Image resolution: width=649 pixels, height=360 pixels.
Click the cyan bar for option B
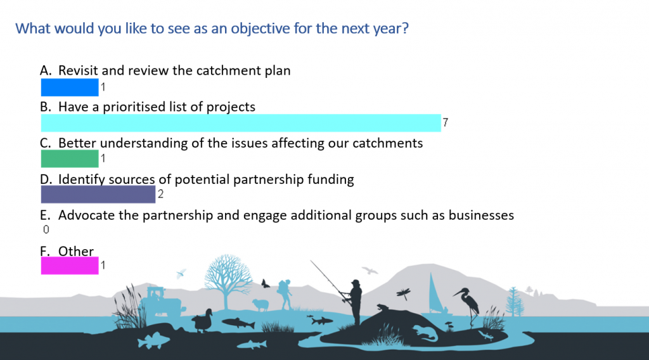point(241,123)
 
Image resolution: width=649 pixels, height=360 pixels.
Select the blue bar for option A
point(70,87)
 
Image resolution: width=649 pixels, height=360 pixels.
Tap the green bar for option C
point(70,158)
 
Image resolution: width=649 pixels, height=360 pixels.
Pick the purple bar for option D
point(98,194)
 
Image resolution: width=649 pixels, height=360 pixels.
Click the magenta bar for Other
point(70,266)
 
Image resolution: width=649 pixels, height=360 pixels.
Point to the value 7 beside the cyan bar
point(446,122)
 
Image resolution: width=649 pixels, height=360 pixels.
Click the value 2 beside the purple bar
point(160,194)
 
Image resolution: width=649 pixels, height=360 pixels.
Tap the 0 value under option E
point(46,229)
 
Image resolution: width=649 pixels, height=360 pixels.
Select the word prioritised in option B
point(134,106)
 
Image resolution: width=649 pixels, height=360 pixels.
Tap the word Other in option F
point(76,251)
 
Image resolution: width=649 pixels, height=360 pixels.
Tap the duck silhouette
point(203,320)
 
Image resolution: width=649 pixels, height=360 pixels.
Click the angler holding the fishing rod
point(353,302)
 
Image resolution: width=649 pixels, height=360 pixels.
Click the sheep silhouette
point(260,305)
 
